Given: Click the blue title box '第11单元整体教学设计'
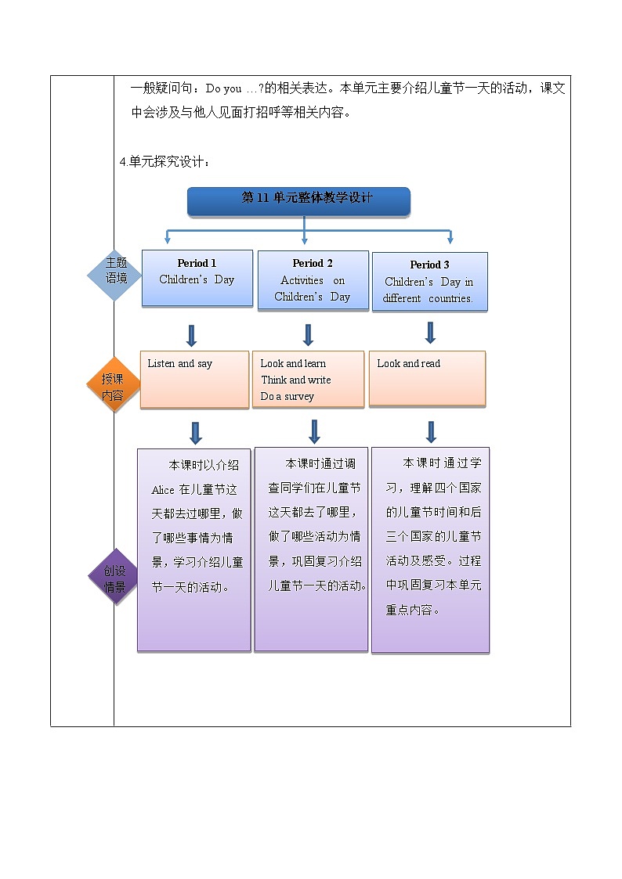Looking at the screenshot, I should (298, 200).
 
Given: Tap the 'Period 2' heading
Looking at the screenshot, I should (313, 263).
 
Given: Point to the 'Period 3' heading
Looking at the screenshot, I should (429, 265).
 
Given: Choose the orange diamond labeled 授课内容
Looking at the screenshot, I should (114, 387).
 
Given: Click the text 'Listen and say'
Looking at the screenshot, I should (179, 363).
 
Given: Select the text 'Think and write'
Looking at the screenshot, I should (295, 380).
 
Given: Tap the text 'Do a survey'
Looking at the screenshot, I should (287, 396).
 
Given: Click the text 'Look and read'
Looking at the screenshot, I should (408, 363).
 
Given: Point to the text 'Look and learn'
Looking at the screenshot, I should (293, 363).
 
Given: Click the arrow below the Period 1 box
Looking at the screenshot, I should (191, 335).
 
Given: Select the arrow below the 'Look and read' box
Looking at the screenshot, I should (430, 431).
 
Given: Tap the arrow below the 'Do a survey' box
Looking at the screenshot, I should (314, 431).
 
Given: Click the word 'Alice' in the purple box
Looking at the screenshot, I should (163, 490).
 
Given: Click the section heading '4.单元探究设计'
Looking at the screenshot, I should (165, 162).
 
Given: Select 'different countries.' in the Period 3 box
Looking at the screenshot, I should (428, 298).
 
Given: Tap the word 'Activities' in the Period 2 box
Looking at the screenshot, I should (302, 280).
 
